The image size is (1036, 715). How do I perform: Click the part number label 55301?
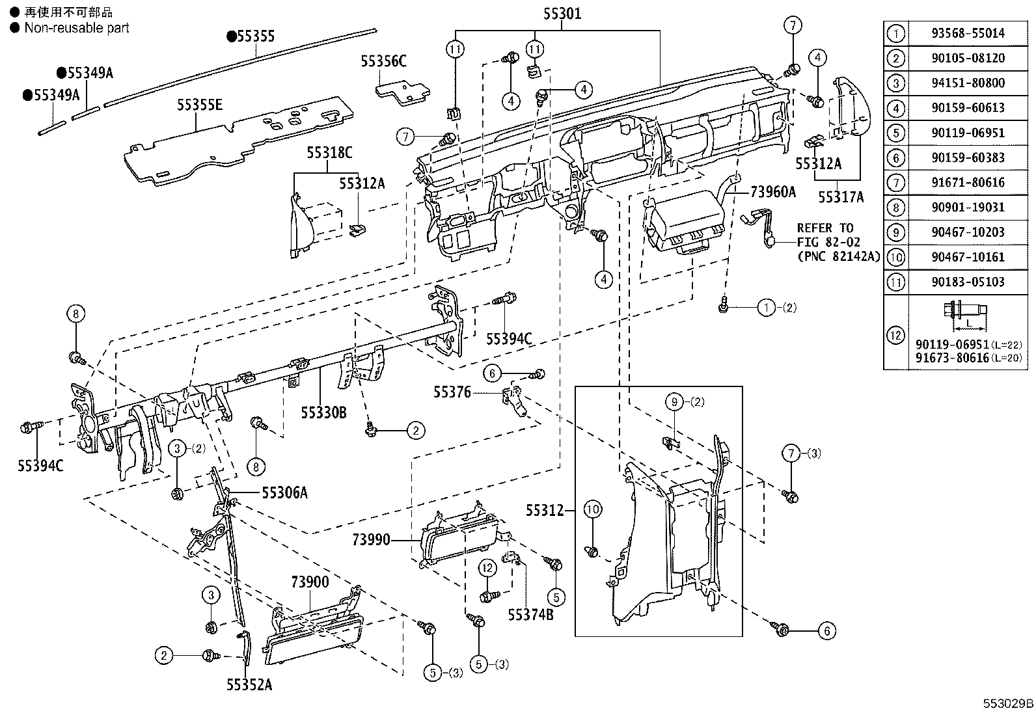click(x=562, y=14)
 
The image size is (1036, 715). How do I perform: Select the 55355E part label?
click(x=200, y=105)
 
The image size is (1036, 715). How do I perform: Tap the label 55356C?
click(x=383, y=61)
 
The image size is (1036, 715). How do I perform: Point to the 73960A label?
click(x=773, y=191)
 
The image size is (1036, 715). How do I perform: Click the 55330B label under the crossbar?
click(x=324, y=412)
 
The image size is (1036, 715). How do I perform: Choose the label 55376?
click(x=452, y=392)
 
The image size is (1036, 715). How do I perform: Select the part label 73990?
click(x=372, y=539)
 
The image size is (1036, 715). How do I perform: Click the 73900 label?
click(x=310, y=582)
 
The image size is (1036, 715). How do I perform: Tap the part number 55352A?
click(x=249, y=684)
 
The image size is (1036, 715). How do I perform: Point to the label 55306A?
click(x=284, y=492)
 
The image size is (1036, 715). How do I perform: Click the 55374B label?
click(x=530, y=615)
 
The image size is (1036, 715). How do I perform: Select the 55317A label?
click(x=841, y=197)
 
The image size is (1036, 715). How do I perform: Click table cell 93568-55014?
click(x=968, y=33)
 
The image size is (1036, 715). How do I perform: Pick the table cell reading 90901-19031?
click(x=968, y=207)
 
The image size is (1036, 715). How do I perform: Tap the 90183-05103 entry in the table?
click(x=968, y=282)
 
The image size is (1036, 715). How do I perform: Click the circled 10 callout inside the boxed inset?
click(x=592, y=509)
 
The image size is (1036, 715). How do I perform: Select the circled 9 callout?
click(x=674, y=402)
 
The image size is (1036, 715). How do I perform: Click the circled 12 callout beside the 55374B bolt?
click(x=487, y=567)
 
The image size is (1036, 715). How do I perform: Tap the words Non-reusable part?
click(x=77, y=28)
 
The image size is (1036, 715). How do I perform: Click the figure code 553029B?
click(x=1008, y=703)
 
